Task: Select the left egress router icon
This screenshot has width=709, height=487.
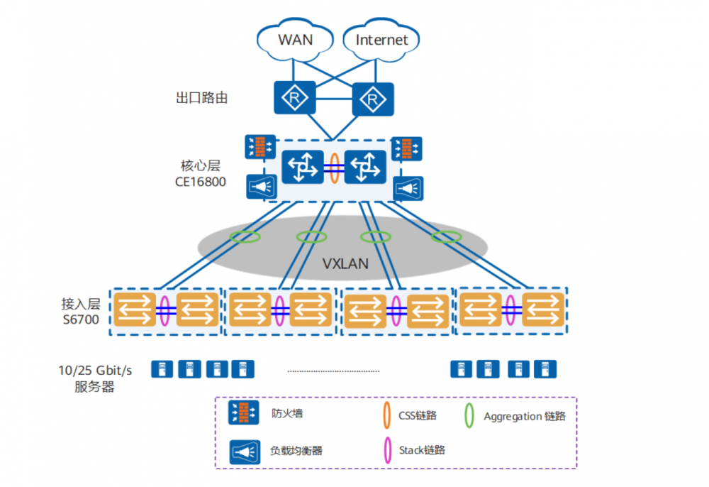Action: [293, 97]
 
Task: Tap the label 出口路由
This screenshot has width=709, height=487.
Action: [201, 98]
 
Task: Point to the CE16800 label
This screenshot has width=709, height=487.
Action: [201, 182]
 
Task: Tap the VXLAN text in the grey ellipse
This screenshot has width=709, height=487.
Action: [345, 263]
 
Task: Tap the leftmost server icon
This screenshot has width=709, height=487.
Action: [162, 369]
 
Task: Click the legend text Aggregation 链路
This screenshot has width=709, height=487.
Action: [525, 416]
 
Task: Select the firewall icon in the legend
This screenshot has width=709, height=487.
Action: [242, 413]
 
